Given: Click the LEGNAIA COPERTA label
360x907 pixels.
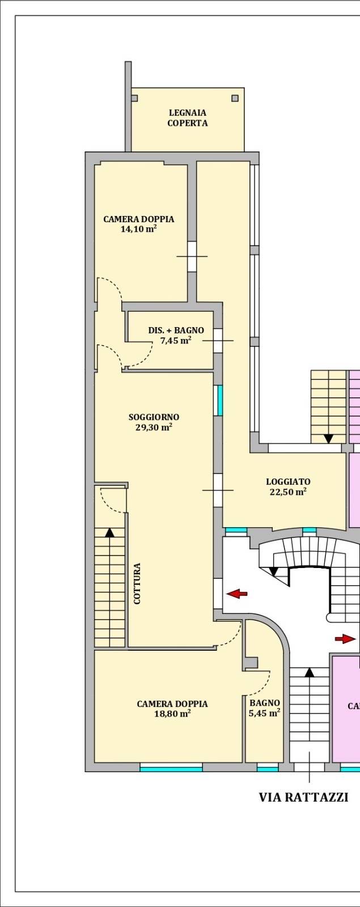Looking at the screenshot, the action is [x=188, y=118].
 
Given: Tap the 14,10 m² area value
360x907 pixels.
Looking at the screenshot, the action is [x=138, y=229].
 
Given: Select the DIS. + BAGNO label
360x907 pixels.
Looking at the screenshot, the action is [x=176, y=330].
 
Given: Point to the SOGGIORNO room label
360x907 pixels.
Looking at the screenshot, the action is [x=154, y=417].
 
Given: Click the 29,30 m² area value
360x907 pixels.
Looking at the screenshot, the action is [x=154, y=427].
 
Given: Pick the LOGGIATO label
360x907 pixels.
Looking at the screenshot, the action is [x=289, y=481].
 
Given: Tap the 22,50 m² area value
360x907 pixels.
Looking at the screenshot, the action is [x=288, y=491].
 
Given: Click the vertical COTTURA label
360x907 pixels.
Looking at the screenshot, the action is [x=137, y=583].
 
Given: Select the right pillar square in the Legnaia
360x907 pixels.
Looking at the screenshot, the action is [x=235, y=98].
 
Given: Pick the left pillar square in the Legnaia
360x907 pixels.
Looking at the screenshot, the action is [x=134, y=98].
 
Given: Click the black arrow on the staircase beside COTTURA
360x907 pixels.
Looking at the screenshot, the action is [x=109, y=532].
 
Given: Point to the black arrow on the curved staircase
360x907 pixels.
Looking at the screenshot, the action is [x=273, y=571].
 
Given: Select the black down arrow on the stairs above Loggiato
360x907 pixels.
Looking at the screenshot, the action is [x=328, y=439].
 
